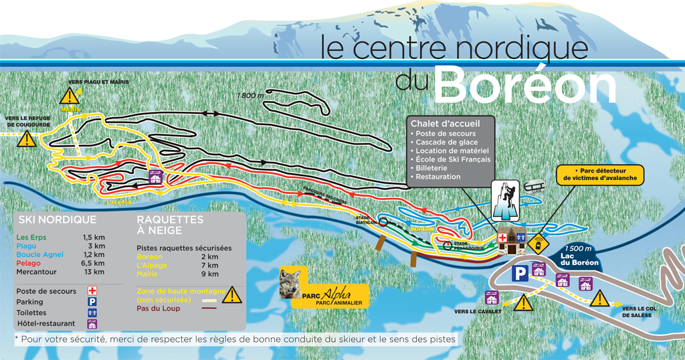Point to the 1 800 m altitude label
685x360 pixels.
coord(251,96)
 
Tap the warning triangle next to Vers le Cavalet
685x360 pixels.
coord(523,302)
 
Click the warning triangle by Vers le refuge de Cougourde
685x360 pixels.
coord(26,139)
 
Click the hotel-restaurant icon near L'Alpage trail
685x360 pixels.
coord(155,177)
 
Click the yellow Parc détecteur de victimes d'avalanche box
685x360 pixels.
coord(600,175)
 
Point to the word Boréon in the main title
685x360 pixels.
coord(525,86)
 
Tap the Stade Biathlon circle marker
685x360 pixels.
coord(384,224)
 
